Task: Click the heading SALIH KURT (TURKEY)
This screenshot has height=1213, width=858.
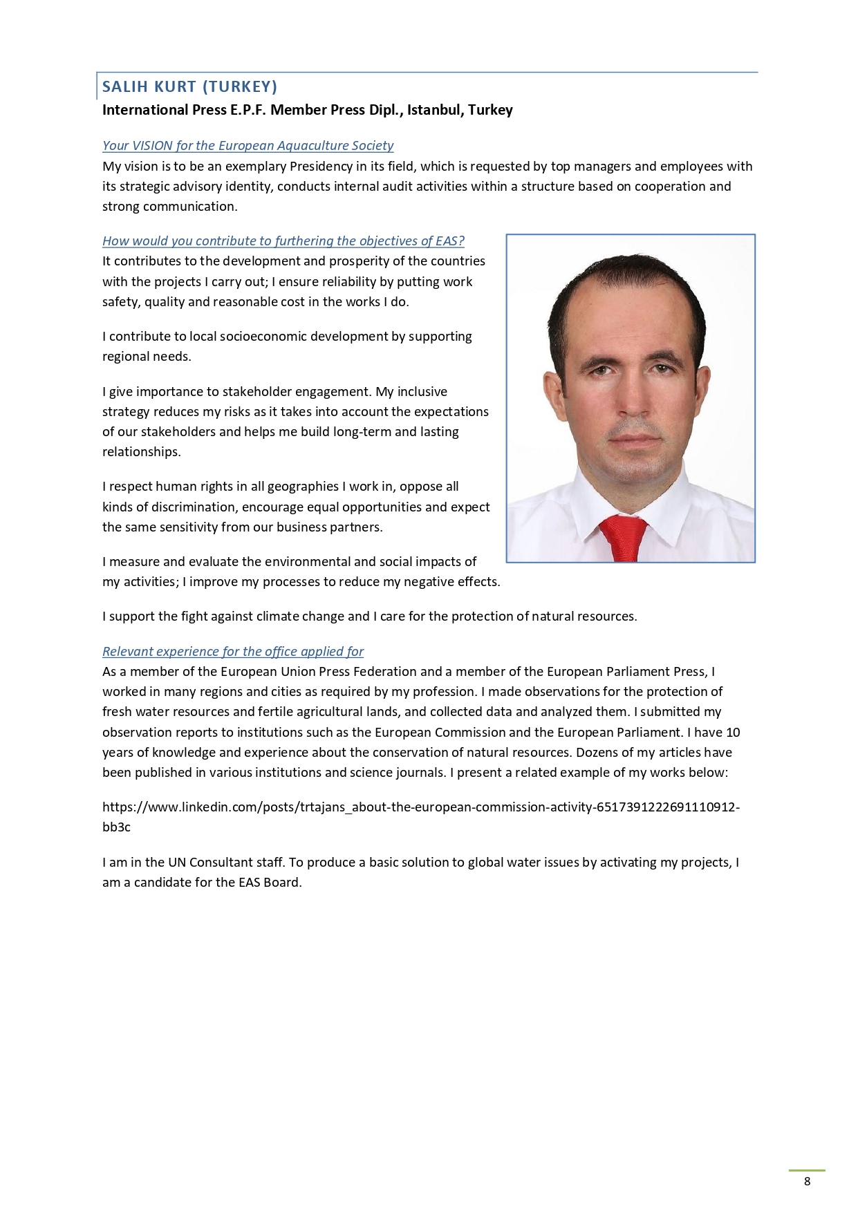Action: pyautogui.click(x=189, y=86)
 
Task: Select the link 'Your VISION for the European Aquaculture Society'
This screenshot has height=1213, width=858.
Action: pyautogui.click(x=248, y=146)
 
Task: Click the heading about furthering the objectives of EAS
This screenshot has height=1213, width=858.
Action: pyautogui.click(x=283, y=241)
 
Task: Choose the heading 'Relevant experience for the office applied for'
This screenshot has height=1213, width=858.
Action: pyautogui.click(x=232, y=652)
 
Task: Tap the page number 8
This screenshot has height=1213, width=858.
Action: pyautogui.click(x=807, y=1181)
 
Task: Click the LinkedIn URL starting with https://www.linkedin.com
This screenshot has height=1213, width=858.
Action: pyautogui.click(x=420, y=807)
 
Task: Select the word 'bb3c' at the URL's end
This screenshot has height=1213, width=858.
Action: pyautogui.click(x=116, y=827)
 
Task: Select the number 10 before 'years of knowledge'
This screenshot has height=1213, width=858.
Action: pyautogui.click(x=733, y=733)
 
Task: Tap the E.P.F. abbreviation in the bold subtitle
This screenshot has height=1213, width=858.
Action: pyautogui.click(x=248, y=110)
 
